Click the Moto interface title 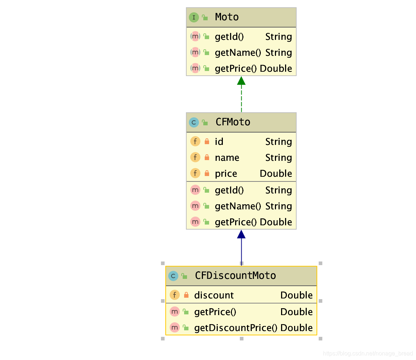(x=227, y=17)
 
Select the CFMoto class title (x=233, y=122)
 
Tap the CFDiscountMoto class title (x=235, y=276)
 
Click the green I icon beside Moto (x=194, y=17)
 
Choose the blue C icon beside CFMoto (x=194, y=122)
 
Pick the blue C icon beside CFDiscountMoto (x=173, y=276)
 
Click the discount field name (x=214, y=295)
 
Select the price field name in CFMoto (x=226, y=173)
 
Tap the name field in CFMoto (x=227, y=158)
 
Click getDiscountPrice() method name (x=235, y=328)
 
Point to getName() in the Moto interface (x=238, y=53)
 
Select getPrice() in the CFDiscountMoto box (x=215, y=312)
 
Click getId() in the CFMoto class (x=229, y=190)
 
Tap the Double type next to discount (x=296, y=295)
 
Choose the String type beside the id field (x=279, y=142)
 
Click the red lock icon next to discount (x=186, y=295)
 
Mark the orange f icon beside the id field (x=195, y=142)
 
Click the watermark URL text (x=368, y=353)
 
